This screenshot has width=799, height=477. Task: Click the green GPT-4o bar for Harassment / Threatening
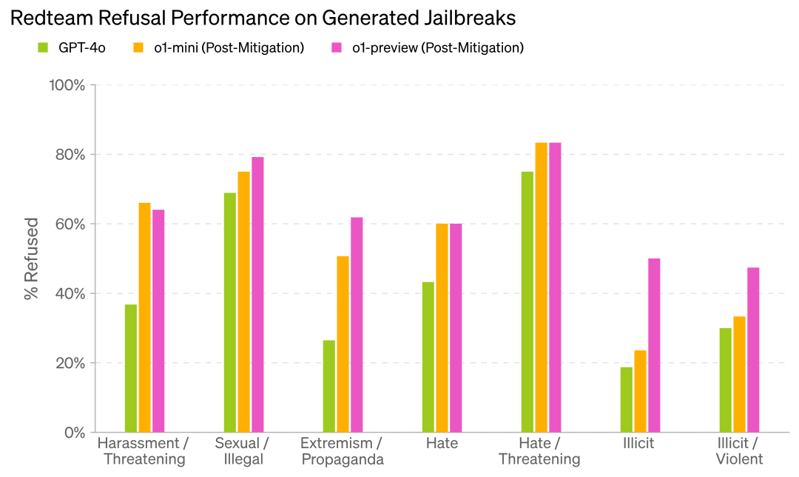point(131,368)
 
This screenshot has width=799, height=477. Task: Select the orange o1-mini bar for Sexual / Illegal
point(243,301)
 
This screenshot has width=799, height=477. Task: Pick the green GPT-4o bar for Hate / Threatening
point(527,301)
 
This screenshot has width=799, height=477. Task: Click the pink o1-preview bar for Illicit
point(654,345)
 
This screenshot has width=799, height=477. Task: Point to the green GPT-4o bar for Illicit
point(627,399)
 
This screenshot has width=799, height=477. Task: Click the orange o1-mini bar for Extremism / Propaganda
point(343,344)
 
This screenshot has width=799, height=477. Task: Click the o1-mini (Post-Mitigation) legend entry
point(218,48)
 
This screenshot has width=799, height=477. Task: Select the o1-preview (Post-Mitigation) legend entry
point(428,48)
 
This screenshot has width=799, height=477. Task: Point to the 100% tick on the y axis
point(67,85)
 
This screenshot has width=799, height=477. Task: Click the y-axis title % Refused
point(31,258)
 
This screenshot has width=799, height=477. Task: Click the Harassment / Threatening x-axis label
point(144,451)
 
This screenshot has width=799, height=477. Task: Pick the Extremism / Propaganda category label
point(343,451)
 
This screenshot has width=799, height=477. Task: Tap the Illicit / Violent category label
point(740,451)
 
